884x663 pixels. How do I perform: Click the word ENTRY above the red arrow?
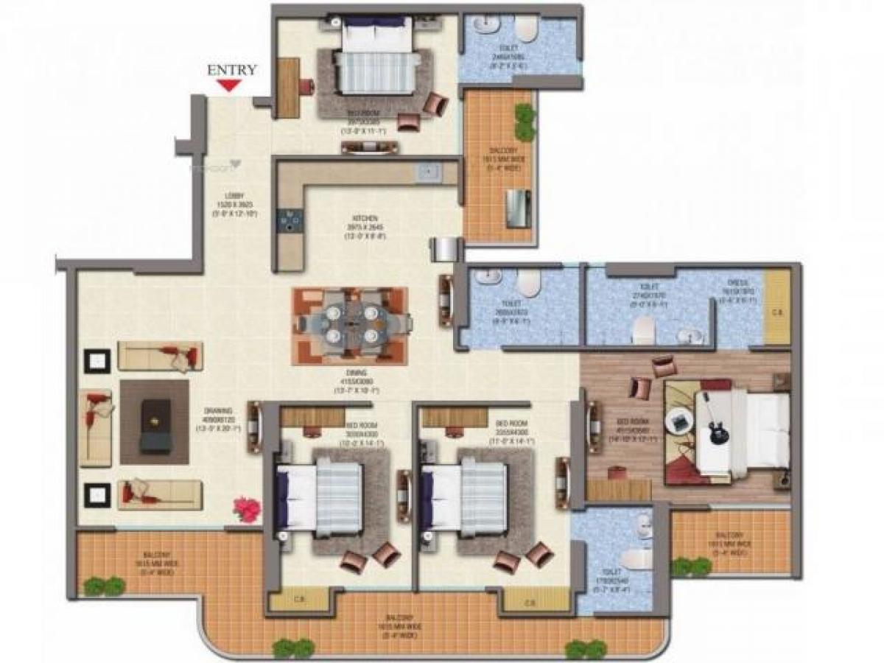coord(232,70)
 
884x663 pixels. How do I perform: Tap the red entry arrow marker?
coord(232,86)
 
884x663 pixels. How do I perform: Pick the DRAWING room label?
coord(222,411)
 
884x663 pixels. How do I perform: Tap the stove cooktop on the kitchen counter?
coord(290,220)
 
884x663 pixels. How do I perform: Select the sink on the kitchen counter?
coord(427,173)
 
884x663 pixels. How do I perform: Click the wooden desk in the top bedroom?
coord(288,88)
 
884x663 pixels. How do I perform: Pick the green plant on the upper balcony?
coord(525,121)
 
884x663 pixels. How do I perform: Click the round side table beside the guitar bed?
coord(676,421)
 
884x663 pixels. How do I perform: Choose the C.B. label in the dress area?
coord(776,312)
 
